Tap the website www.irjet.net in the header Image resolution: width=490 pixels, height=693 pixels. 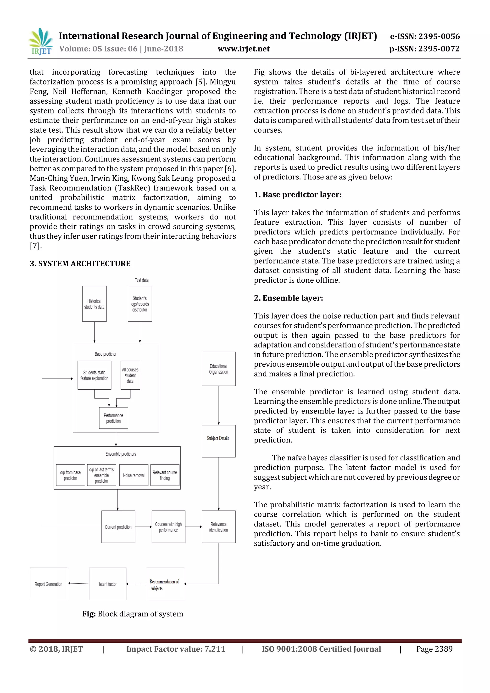tap(244, 49)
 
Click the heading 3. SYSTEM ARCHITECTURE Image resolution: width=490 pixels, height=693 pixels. tap(80, 263)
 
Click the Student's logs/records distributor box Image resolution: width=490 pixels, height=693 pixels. tap(140, 304)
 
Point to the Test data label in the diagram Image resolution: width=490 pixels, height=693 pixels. tap(141, 280)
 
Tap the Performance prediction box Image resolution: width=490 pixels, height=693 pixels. tap(113, 418)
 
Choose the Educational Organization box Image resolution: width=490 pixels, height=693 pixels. tap(218, 369)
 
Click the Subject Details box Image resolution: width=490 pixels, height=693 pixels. tap(218, 441)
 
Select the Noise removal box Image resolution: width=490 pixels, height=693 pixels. tap(134, 475)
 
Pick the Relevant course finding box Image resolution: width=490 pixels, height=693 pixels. tap(165, 475)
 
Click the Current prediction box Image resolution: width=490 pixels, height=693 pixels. tap(118, 527)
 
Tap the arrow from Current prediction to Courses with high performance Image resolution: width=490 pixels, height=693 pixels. tap(143, 527)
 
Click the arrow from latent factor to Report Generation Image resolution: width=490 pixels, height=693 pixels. tap(78, 583)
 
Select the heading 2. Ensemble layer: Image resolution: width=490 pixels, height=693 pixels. tap(288, 298)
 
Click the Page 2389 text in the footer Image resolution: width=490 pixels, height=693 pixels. tap(434, 649)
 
